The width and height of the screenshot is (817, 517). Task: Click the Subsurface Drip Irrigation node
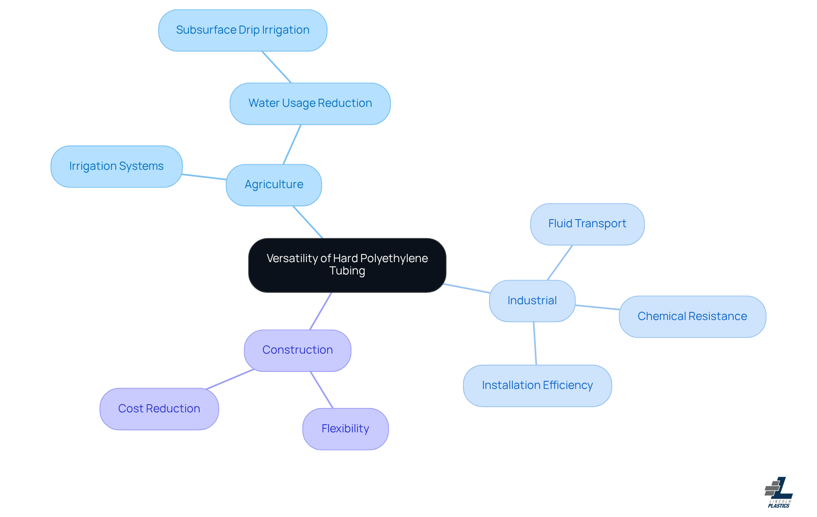click(x=243, y=30)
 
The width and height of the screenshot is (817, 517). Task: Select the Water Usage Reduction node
click(x=310, y=103)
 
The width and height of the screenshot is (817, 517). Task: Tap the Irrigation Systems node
click(x=116, y=166)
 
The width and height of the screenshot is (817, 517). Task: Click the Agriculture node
click(x=274, y=185)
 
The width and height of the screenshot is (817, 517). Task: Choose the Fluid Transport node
click(x=587, y=224)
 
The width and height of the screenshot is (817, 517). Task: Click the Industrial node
click(x=532, y=301)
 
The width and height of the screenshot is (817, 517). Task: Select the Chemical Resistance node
click(x=692, y=317)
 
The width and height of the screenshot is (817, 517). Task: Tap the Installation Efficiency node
click(x=537, y=386)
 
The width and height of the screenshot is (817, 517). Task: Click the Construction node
click(x=297, y=350)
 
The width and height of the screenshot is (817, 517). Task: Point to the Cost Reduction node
click(x=159, y=409)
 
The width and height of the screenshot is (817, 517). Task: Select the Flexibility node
click(x=345, y=429)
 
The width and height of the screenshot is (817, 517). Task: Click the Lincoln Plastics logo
click(x=779, y=492)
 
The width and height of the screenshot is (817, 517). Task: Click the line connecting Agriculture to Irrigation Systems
click(x=204, y=177)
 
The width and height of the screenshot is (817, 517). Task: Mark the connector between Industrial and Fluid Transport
click(x=560, y=263)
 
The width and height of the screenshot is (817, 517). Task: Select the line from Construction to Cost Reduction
click(x=230, y=379)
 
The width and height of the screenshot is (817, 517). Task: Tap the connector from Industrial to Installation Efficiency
click(x=535, y=343)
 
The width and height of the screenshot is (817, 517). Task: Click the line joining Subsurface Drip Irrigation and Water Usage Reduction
click(x=277, y=67)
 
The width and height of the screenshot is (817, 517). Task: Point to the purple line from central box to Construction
click(x=320, y=311)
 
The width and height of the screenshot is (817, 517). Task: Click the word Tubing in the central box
click(x=347, y=271)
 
